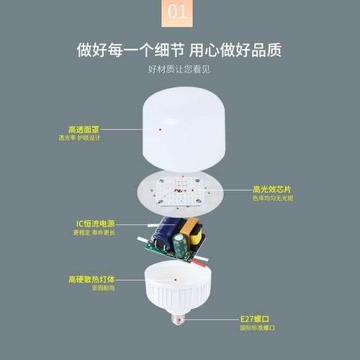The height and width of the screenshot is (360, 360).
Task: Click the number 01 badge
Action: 177,13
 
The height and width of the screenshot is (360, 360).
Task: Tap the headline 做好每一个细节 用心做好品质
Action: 179,50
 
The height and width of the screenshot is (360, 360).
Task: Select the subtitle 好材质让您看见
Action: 179,69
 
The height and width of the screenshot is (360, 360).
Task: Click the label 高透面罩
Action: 84,130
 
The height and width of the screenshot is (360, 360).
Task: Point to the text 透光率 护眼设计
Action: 79,138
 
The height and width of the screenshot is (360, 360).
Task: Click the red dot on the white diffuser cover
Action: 160,130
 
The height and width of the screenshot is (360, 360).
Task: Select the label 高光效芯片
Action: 271,189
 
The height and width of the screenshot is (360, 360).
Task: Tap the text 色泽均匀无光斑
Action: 273,198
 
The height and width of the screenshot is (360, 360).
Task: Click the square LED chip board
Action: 179,192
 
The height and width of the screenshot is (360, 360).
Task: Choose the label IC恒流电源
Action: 96,224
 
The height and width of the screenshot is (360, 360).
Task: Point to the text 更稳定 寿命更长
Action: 94,233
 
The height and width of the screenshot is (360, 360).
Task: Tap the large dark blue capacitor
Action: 165,230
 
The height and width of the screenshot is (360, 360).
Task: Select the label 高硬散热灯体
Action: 91,279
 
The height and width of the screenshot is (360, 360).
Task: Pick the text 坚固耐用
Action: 103,288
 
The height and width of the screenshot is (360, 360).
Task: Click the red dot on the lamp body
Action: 176,280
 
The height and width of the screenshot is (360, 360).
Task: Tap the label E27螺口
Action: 255,319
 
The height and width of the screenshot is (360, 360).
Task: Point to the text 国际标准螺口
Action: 257,328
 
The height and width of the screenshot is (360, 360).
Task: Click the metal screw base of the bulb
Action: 178,319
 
